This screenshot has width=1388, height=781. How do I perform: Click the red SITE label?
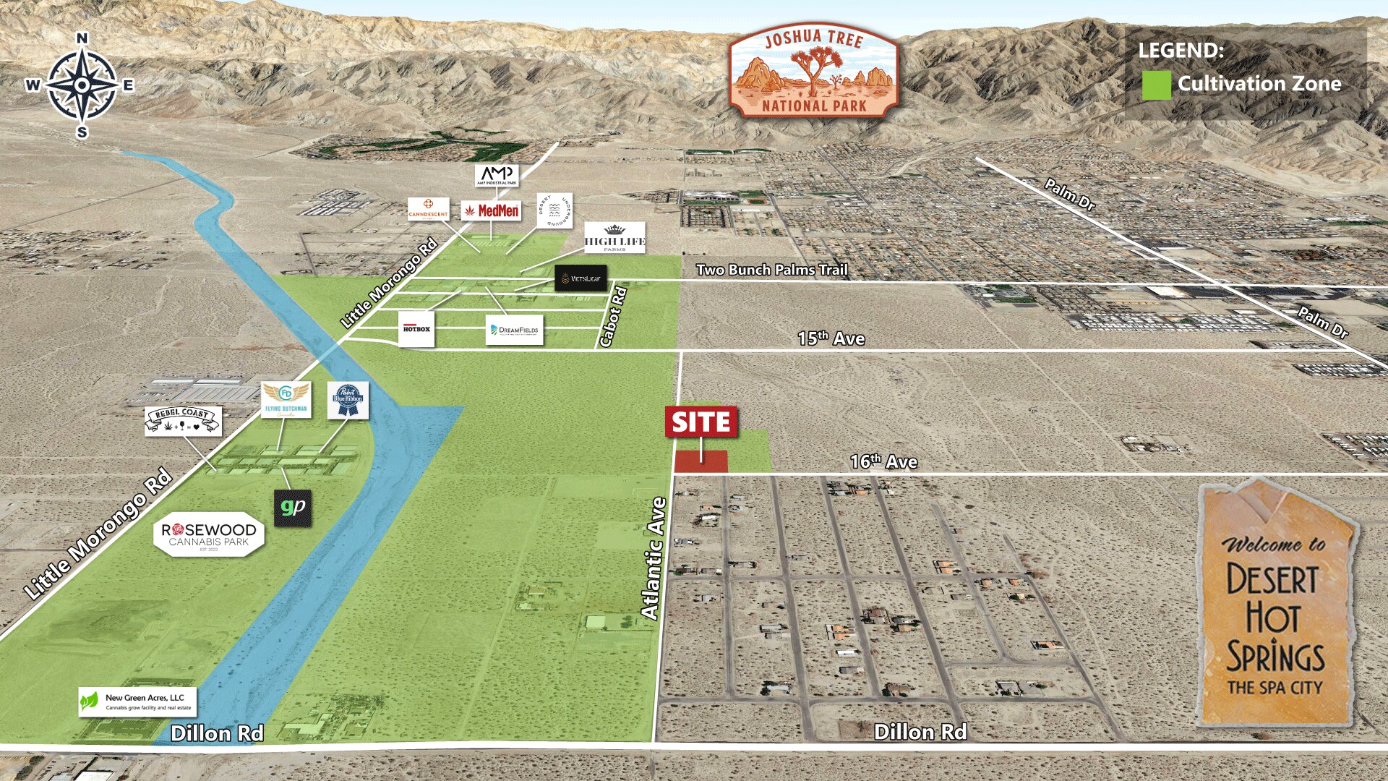pos(701,422)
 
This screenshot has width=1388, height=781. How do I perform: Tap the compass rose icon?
pos(82,85)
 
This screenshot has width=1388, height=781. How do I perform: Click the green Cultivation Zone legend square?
pos(1155,85)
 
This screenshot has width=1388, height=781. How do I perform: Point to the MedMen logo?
pos(491,210)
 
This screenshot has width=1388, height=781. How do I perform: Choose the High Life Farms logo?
pos(614,237)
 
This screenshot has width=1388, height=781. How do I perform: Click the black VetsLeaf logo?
pos(581,278)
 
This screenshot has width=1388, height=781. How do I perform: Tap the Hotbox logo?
pos(416,329)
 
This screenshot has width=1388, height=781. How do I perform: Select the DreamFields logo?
pos(514,330)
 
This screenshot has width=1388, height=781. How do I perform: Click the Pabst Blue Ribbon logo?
pos(348,400)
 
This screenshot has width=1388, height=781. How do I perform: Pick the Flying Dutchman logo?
pos(286,400)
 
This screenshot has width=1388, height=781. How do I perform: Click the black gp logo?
pos(293,508)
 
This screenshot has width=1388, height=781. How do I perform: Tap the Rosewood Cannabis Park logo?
pos(209,536)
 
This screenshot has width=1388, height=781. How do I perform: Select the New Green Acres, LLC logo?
pos(137,701)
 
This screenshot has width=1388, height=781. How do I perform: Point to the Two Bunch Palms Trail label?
pos(771,270)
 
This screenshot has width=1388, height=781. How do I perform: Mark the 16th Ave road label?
pos(883,461)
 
